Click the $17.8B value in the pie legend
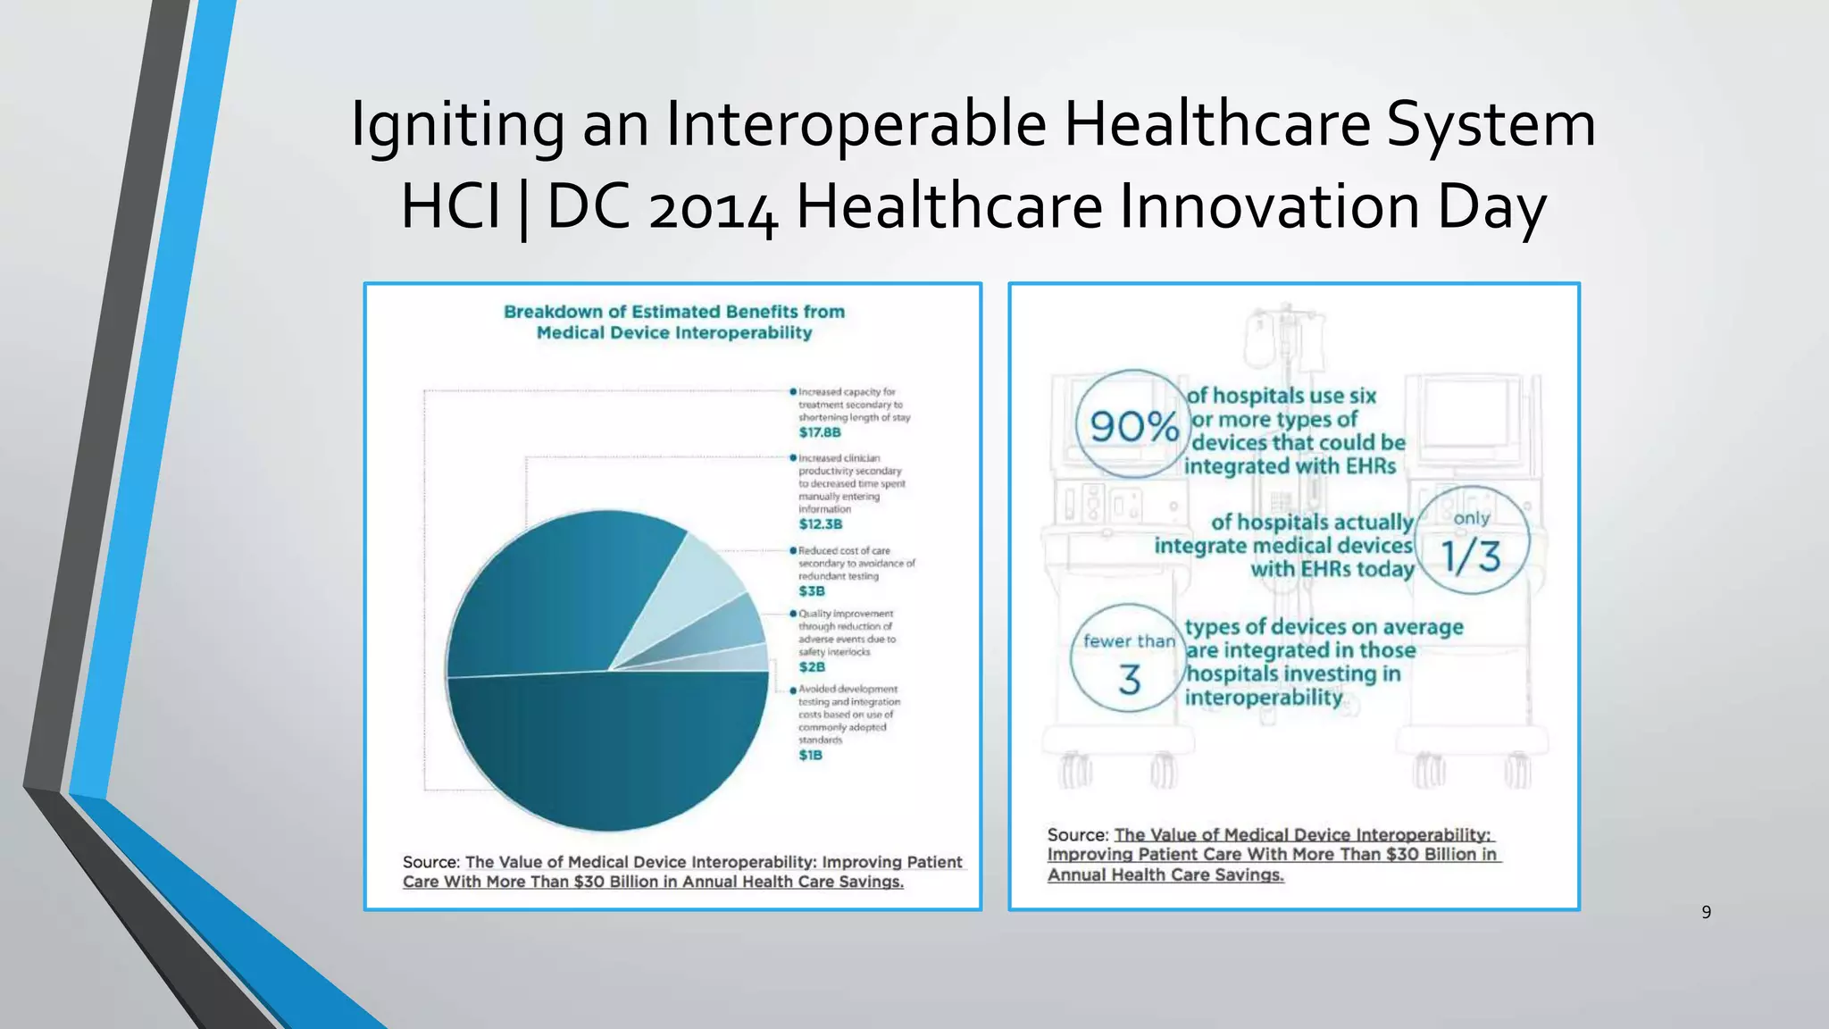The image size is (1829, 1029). tap(820, 432)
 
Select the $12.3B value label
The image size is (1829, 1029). tap(821, 524)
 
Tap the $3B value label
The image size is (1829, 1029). tap(812, 591)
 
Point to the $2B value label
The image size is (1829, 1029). tap(812, 667)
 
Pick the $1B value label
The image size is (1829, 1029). tap(810, 756)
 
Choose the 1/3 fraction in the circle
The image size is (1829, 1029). tap(1472, 556)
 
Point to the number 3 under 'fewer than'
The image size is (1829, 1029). tap(1130, 681)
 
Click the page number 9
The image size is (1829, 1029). tap(1706, 912)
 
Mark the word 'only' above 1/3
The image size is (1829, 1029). tap(1472, 518)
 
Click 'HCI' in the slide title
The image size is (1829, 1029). tap(451, 207)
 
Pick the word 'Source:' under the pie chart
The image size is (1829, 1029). tap(430, 862)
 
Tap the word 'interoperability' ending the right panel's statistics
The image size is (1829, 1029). tap(1264, 697)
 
